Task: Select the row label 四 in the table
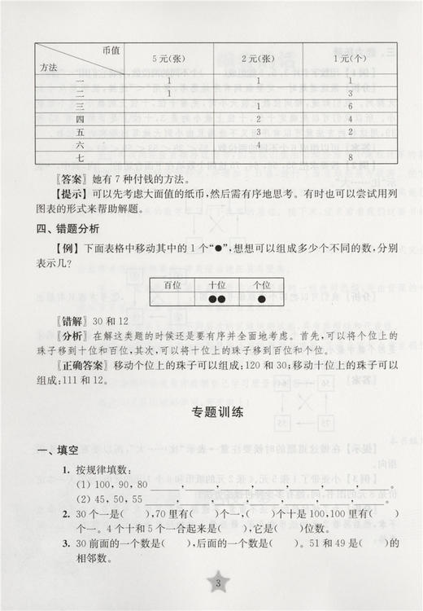[81, 119]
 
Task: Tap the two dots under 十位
[216, 299]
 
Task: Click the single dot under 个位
[262, 299]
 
